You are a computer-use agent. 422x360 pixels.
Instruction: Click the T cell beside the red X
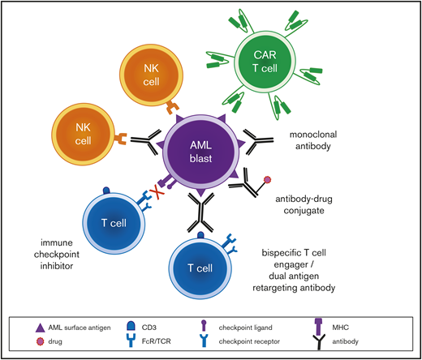[114, 221]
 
